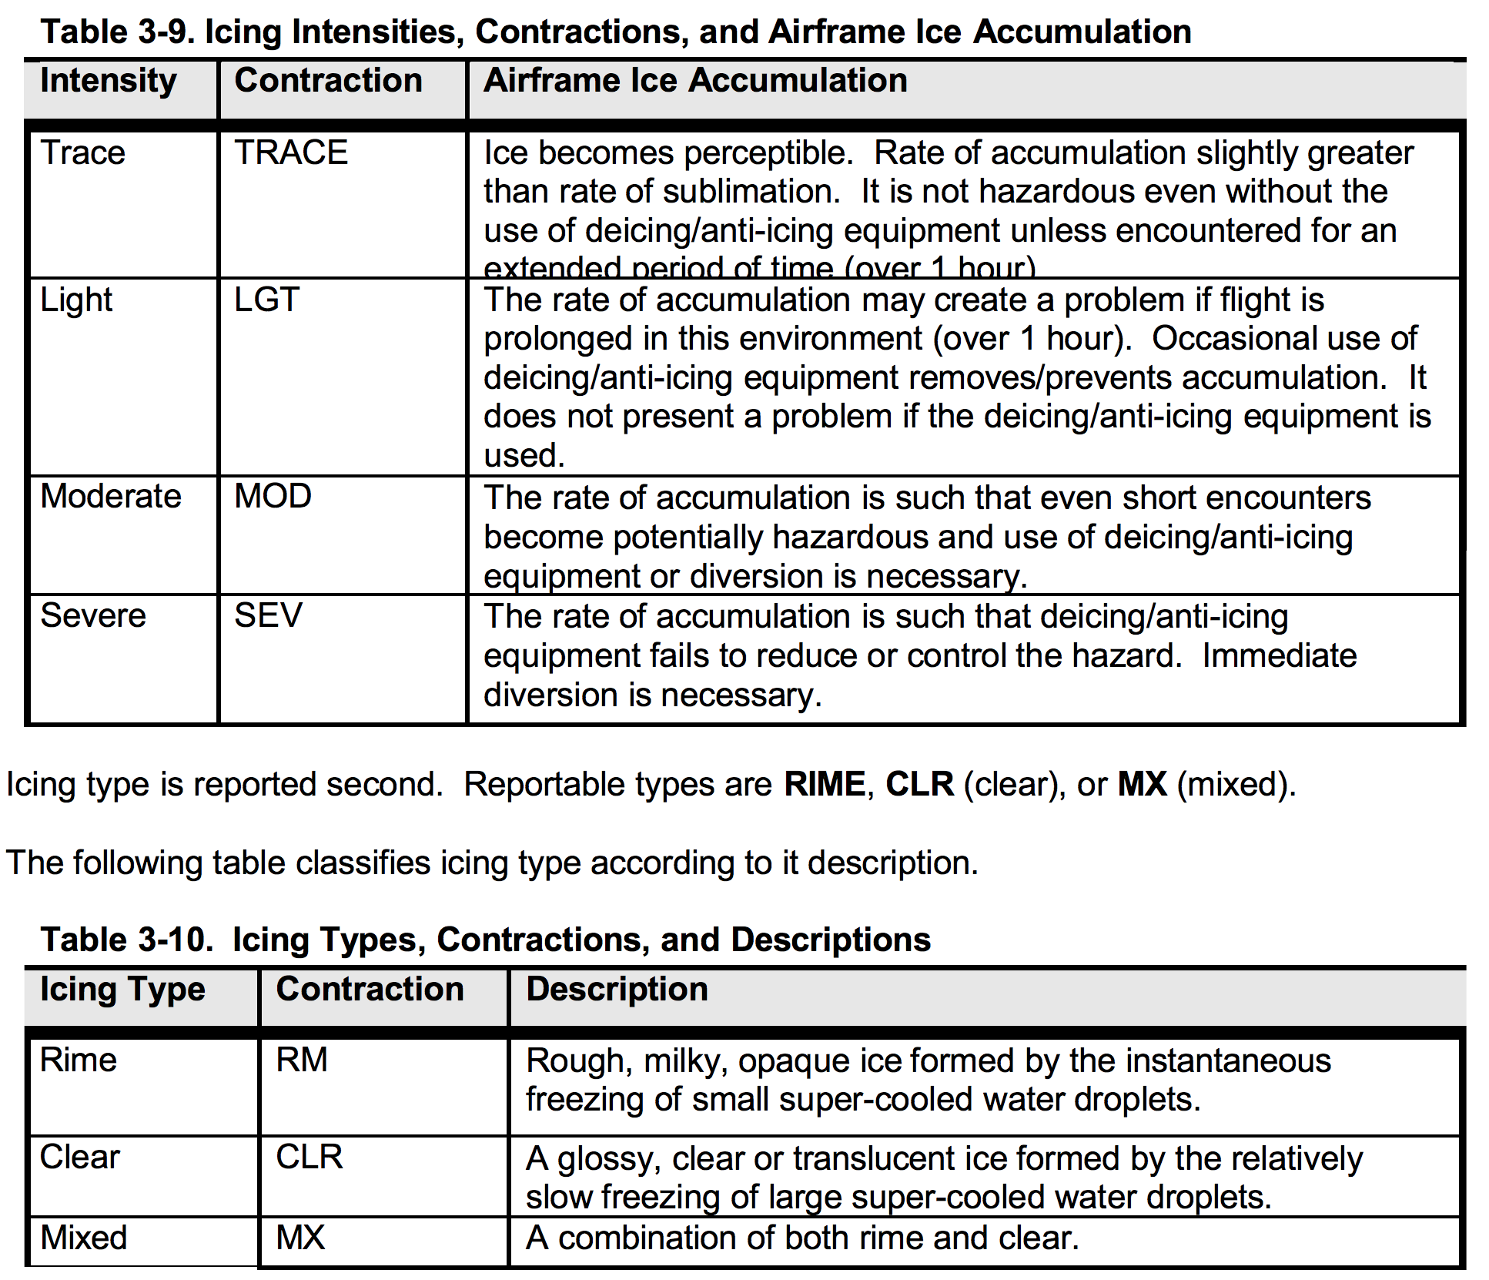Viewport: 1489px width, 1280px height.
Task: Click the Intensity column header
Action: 109,82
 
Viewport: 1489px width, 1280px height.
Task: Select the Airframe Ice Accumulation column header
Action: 695,81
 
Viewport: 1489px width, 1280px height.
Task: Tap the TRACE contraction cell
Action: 291,152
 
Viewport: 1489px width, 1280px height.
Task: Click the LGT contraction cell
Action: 266,300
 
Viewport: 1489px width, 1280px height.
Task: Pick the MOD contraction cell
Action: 273,496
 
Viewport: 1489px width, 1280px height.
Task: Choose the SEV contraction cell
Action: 268,615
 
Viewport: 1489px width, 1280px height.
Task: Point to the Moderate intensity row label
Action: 111,496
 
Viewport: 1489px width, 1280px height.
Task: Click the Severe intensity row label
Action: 93,615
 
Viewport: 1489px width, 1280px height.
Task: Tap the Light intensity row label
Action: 76,300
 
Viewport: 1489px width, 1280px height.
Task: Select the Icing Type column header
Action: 123,990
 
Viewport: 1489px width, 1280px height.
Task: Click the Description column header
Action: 617,990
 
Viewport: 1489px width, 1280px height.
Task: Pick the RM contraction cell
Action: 302,1061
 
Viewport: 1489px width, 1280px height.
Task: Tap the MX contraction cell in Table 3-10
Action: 300,1238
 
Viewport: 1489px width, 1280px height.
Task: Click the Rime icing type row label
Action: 79,1061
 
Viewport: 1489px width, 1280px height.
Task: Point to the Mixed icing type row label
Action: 84,1238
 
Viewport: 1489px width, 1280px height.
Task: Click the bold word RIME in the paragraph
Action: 825,784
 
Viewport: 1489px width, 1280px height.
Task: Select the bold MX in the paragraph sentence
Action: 1142,784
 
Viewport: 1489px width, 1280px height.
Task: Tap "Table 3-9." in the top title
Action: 116,32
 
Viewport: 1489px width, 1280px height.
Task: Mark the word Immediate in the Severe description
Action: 1280,655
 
